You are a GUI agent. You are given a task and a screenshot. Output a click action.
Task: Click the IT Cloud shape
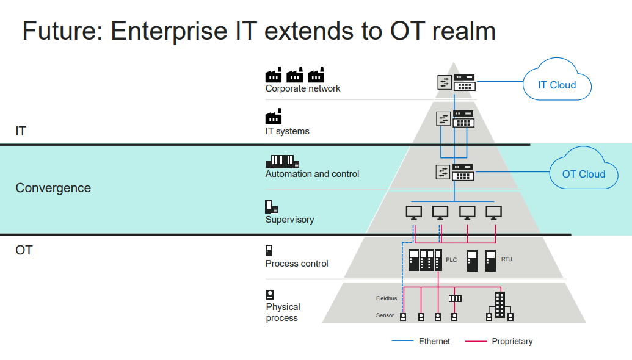pyautogui.click(x=556, y=85)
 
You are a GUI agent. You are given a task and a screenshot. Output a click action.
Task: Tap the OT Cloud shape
pyautogui.click(x=583, y=174)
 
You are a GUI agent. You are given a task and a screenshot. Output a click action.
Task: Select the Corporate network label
pyautogui.click(x=303, y=88)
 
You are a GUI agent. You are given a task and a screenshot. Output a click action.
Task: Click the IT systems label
pyautogui.click(x=287, y=131)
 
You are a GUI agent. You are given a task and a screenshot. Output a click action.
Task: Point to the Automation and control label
pyautogui.click(x=312, y=174)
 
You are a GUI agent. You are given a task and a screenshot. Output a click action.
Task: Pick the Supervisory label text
pyautogui.click(x=289, y=220)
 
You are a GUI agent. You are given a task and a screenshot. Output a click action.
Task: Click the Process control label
pyautogui.click(x=297, y=264)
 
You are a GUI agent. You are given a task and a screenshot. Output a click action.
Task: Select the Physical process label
pyautogui.click(x=283, y=312)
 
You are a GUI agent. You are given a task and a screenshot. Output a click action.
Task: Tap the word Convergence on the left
pyautogui.click(x=53, y=188)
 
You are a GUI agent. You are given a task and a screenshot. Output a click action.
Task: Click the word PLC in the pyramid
pyautogui.click(x=451, y=260)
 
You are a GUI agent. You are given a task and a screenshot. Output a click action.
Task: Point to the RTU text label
pyautogui.click(x=507, y=259)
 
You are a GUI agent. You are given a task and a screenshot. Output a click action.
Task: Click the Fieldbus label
pyautogui.click(x=387, y=298)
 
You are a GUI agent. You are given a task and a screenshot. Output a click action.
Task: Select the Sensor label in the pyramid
pyautogui.click(x=385, y=315)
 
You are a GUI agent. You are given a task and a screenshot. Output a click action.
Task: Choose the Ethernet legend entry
pyautogui.click(x=434, y=342)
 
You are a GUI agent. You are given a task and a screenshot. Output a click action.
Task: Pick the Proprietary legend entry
pyautogui.click(x=512, y=342)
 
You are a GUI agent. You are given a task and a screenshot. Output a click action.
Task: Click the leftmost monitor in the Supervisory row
pyautogui.click(x=413, y=212)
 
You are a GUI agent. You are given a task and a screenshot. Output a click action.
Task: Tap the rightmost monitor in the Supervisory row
pyautogui.click(x=493, y=212)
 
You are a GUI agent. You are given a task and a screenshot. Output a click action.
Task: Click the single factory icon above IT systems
pyautogui.click(x=274, y=117)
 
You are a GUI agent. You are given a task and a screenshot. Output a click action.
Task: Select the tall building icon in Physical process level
pyautogui.click(x=499, y=304)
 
